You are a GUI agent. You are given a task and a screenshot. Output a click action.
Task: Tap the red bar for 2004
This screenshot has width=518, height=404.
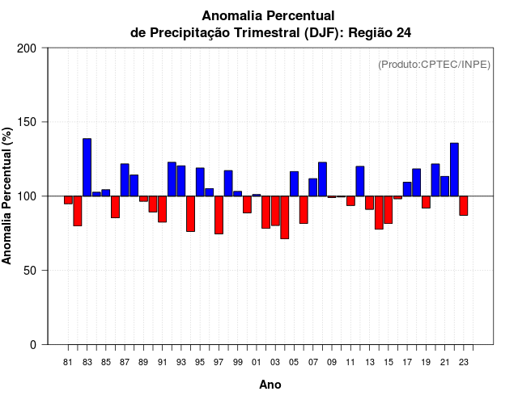click(x=285, y=217)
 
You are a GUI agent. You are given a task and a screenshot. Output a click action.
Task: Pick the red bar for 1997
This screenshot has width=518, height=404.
click(x=219, y=215)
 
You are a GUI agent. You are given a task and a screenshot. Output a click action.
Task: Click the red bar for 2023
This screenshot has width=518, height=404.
click(x=464, y=205)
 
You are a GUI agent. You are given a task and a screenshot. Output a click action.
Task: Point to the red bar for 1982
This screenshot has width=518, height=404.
click(x=78, y=211)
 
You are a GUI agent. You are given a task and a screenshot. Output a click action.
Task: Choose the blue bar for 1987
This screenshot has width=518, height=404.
click(x=125, y=180)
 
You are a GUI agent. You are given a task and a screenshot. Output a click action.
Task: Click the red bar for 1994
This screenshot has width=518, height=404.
click(x=190, y=213)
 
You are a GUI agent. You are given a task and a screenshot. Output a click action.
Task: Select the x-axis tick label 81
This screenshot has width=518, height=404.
click(x=68, y=363)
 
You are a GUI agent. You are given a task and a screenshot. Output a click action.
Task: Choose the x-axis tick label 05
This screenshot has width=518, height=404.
click(x=294, y=363)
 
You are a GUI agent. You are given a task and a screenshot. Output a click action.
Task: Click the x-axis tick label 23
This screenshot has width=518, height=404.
click(x=464, y=363)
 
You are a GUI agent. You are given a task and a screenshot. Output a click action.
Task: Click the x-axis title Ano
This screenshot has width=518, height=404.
click(x=270, y=385)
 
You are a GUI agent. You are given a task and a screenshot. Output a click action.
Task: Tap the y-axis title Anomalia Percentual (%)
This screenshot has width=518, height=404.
click(x=8, y=196)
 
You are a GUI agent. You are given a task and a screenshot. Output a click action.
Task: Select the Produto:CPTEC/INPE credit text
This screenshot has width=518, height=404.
click(x=434, y=65)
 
